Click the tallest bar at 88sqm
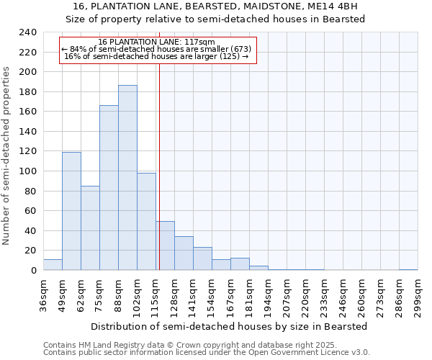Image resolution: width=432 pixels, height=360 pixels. pos(127,178)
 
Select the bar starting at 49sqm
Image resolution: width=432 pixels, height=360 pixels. pos(71,211)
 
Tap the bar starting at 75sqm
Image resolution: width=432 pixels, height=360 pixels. pos(109,188)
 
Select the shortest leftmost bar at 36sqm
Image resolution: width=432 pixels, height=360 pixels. pos(53,265)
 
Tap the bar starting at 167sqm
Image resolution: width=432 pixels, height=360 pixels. pos(240,264)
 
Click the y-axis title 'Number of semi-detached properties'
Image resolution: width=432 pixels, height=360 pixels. pos(7,156)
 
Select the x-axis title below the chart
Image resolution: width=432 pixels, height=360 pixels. pos(230,326)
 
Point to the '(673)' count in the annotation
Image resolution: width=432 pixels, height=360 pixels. pos(238,49)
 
